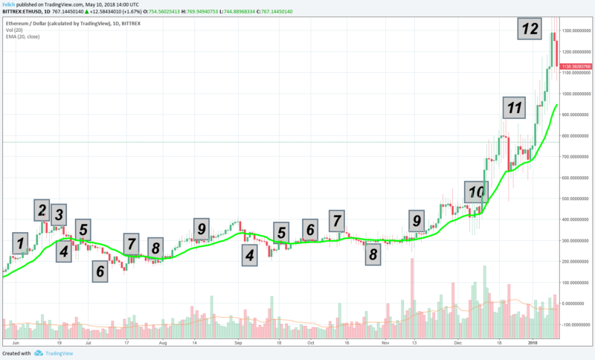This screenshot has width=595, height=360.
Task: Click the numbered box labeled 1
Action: tap(21, 242)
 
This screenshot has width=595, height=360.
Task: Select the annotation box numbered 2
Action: tap(42, 210)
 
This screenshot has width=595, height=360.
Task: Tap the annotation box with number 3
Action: tap(58, 215)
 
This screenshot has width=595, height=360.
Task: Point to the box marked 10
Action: tap(476, 192)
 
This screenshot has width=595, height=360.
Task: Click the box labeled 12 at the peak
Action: tap(530, 28)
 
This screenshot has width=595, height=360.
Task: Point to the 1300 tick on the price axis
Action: tap(577, 30)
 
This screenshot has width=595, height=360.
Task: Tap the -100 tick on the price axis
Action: tap(576, 325)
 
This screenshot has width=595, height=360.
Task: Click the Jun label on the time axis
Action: tap(15, 343)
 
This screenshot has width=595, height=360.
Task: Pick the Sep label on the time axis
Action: tap(239, 343)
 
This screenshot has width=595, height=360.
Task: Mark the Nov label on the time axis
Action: tap(385, 343)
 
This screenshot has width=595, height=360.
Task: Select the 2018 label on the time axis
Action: tap(533, 343)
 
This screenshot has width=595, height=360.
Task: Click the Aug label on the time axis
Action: tap(162, 343)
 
